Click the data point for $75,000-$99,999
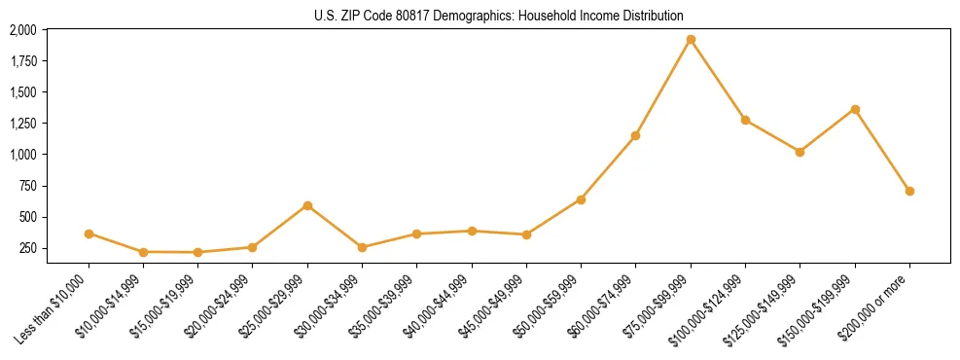coord(691,40)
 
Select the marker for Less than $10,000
coord(89,234)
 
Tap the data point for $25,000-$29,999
coord(307,205)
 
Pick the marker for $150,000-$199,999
coord(855,109)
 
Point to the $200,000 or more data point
coord(909,191)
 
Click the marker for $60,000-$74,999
coord(636,135)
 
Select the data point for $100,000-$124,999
coord(745,120)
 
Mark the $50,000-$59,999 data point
coord(581,199)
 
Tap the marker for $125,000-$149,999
coord(800,152)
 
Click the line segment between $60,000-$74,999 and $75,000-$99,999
coord(663,88)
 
